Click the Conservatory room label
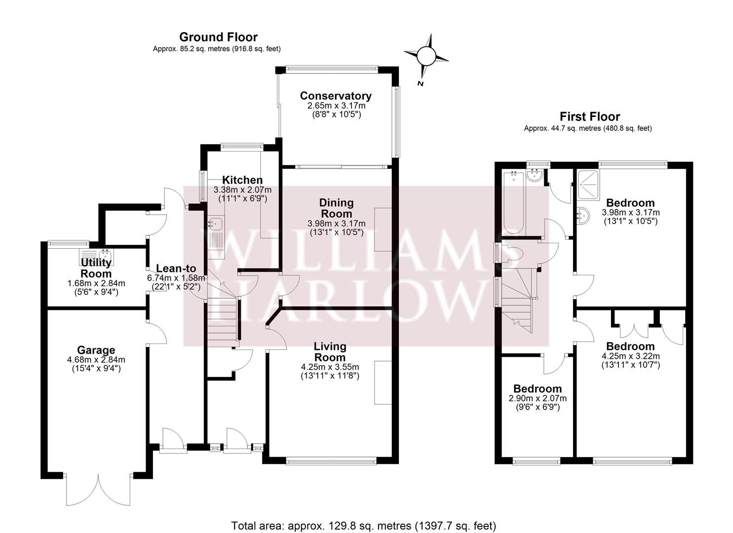point(335,96)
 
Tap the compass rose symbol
point(425,56)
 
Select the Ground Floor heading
point(218,37)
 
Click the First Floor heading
point(589,117)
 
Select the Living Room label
point(330,352)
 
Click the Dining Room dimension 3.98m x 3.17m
point(336,224)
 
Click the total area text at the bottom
point(363,525)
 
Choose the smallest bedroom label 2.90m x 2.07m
point(537,398)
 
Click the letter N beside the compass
point(421,83)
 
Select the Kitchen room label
point(242,180)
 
